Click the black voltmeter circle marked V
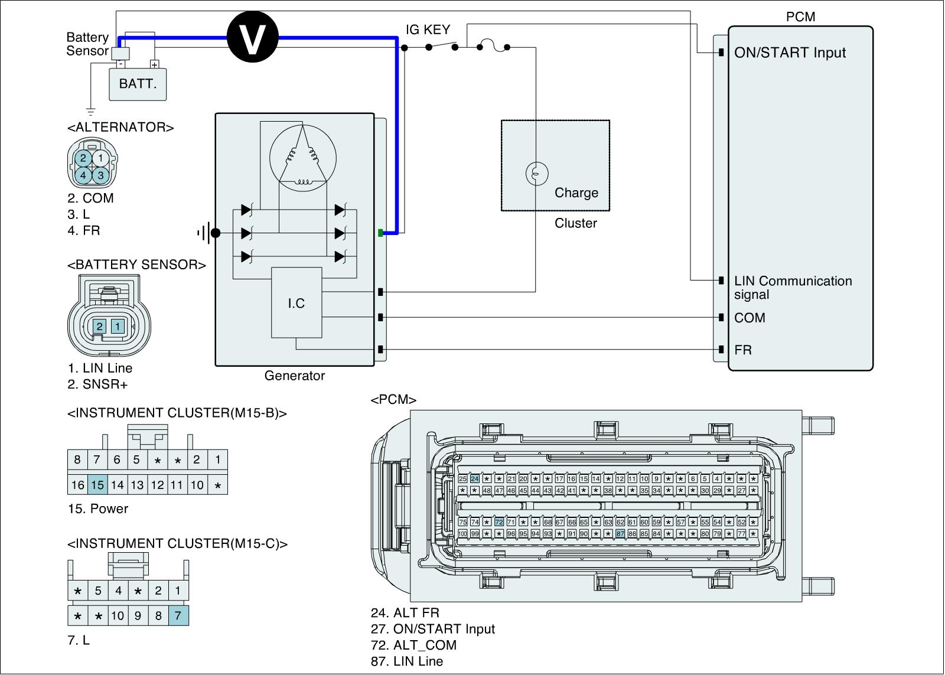pyautogui.click(x=253, y=38)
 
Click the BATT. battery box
pyautogui.click(x=138, y=84)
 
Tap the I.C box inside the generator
pyautogui.click(x=296, y=303)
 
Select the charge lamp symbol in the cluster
pyautogui.click(x=536, y=174)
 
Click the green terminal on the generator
pyautogui.click(x=380, y=233)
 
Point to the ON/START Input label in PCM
pyautogui.click(x=790, y=53)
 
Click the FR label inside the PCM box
pyautogui.click(x=743, y=350)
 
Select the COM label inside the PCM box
pyautogui.click(x=750, y=318)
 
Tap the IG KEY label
pyautogui.click(x=428, y=30)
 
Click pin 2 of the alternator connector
pyautogui.click(x=83, y=158)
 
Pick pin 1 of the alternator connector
pyautogui.click(x=101, y=158)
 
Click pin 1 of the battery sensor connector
pyautogui.click(x=118, y=327)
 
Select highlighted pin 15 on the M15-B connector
pyautogui.click(x=97, y=485)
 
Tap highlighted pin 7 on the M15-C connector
pyautogui.click(x=178, y=616)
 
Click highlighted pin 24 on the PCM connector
pyautogui.click(x=475, y=479)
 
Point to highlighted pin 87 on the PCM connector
pyautogui.click(x=620, y=533)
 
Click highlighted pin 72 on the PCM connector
pyautogui.click(x=499, y=522)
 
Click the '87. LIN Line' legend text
pyautogui.click(x=407, y=661)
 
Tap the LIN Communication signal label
pyautogui.click(x=793, y=288)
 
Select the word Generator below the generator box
pyautogui.click(x=294, y=376)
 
